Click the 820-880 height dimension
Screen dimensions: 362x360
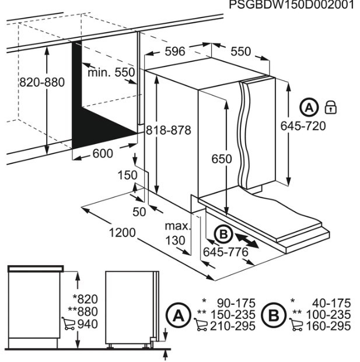42,82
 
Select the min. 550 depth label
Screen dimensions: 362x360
111,73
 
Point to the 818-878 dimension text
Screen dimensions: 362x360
169,131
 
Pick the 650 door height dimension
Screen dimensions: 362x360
222,159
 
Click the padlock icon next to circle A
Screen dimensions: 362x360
331,107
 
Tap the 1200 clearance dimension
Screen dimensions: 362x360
121,233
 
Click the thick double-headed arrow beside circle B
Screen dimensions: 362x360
247,239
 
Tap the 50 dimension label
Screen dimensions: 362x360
139,212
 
